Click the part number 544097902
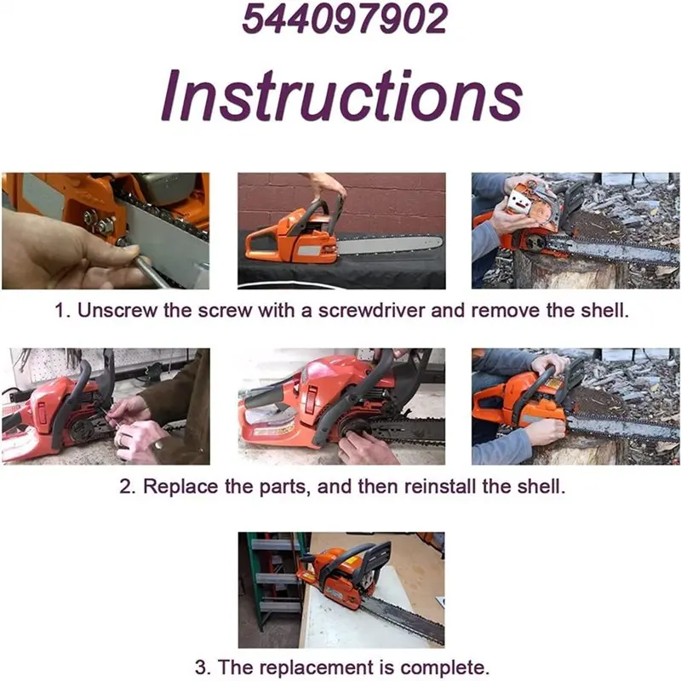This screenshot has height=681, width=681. (344, 18)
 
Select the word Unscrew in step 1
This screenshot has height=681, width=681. (115, 311)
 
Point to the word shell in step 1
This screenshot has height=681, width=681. (604, 311)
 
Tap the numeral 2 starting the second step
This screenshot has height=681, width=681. (124, 487)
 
